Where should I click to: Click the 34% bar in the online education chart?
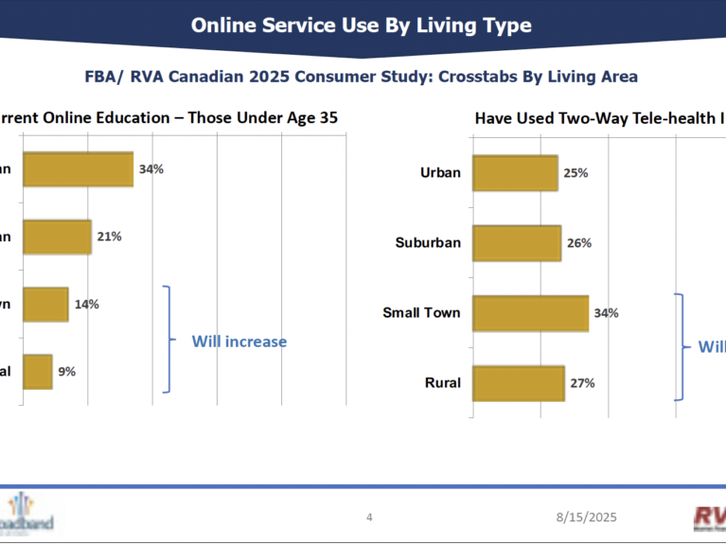[x=78, y=168]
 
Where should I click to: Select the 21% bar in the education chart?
[x=57, y=237]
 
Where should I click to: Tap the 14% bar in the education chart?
[x=45, y=304]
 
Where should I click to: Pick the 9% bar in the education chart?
[x=37, y=371]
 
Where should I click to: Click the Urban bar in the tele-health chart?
[x=514, y=173]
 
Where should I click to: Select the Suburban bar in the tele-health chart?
[x=516, y=243]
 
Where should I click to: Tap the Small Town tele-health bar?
[x=530, y=313]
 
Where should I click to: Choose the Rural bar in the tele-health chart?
[x=518, y=383]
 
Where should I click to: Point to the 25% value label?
[x=576, y=173]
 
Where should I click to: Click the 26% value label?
[x=579, y=243]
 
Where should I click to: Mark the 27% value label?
[x=582, y=383]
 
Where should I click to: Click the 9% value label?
[x=66, y=372]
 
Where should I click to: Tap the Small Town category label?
[x=421, y=313]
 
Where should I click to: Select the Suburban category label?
[x=428, y=243]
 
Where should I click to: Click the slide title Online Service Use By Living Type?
[x=362, y=25]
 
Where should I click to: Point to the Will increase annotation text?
[x=239, y=342]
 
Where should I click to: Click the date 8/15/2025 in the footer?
[x=586, y=517]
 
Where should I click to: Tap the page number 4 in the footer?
[x=369, y=517]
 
